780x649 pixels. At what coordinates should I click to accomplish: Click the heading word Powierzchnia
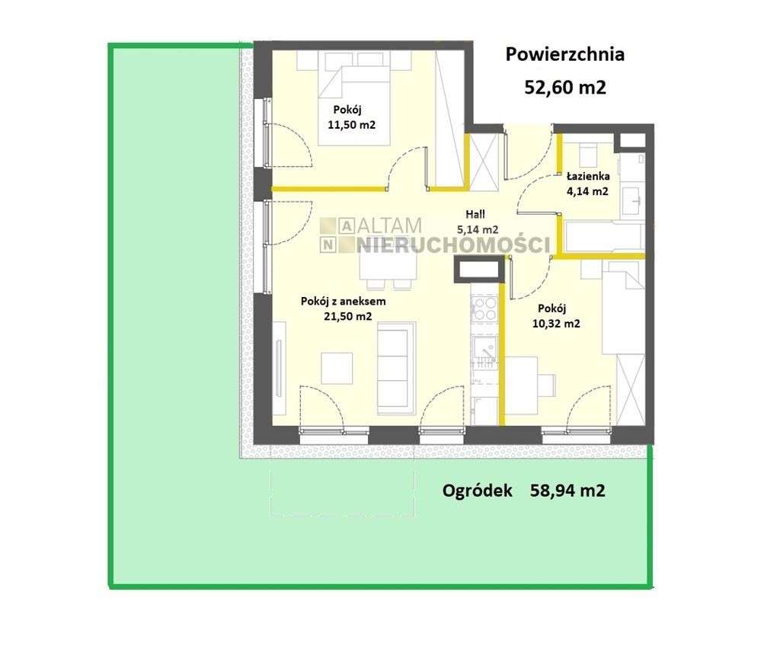pos(564,54)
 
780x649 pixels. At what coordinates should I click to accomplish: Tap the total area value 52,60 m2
pos(566,88)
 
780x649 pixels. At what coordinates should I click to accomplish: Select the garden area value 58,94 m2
pos(567,491)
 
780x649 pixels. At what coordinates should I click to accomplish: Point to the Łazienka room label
pos(589,176)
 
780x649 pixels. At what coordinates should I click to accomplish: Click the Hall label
pos(475,214)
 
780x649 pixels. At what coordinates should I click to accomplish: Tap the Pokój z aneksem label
pos(344,301)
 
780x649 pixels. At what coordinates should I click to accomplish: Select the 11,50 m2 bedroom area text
pos(351,125)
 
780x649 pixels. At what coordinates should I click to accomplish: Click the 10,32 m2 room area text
pos(556,324)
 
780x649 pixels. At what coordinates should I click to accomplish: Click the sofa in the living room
pos(396,369)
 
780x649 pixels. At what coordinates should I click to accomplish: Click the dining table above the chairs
pos(388,266)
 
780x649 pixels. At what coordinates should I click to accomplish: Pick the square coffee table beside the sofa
pos(337,368)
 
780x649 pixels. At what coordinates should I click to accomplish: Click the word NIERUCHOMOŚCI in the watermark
pos(452,245)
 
